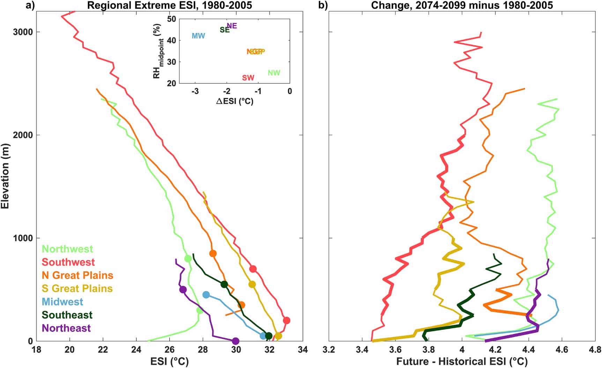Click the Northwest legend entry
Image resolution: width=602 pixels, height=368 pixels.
pyautogui.click(x=67, y=249)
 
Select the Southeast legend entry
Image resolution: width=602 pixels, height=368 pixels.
pyautogui.click(x=67, y=315)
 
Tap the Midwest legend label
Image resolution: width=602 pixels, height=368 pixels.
pyautogui.click(x=62, y=302)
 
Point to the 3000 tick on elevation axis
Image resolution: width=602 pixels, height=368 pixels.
pyautogui.click(x=23, y=32)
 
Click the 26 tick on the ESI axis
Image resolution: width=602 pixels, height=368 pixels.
pyautogui.click(x=169, y=349)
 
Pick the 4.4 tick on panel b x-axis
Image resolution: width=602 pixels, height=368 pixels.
pyautogui.click(x=528, y=349)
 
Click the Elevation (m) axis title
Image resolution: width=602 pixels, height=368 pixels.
pyautogui.click(x=5, y=176)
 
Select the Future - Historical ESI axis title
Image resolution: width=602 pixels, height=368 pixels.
pyautogui.click(x=462, y=361)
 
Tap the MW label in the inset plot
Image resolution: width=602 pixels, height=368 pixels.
pyautogui.click(x=198, y=36)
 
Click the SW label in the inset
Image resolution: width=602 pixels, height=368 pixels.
pyautogui.click(x=248, y=78)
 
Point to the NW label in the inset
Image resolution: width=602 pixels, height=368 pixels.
pyautogui.click(x=274, y=73)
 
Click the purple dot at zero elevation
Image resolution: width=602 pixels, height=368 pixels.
pyautogui.click(x=236, y=341)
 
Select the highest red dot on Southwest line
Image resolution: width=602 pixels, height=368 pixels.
pyautogui.click(x=253, y=269)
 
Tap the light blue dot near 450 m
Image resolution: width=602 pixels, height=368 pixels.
pyautogui.click(x=206, y=295)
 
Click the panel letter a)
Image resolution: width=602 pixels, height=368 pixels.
pyautogui.click(x=30, y=5)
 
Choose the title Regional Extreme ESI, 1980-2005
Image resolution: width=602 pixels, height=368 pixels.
pyautogui.click(x=169, y=5)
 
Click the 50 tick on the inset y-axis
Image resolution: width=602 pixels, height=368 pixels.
pyautogui.click(x=171, y=19)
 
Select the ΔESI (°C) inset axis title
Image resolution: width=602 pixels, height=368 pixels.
pyautogui.click(x=235, y=101)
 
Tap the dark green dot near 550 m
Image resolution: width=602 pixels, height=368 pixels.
pyautogui.click(x=224, y=284)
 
